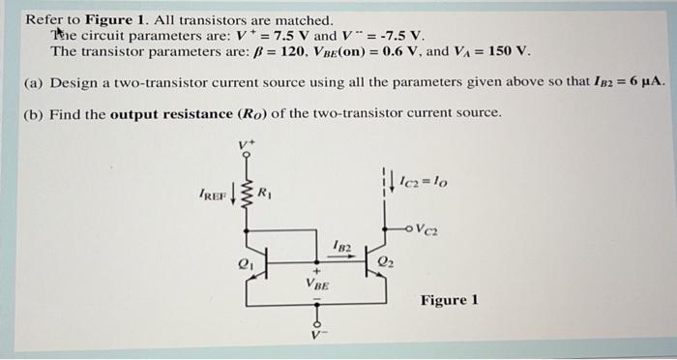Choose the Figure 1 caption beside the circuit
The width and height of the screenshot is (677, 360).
click(449, 300)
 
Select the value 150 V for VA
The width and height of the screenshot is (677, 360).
click(510, 51)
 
